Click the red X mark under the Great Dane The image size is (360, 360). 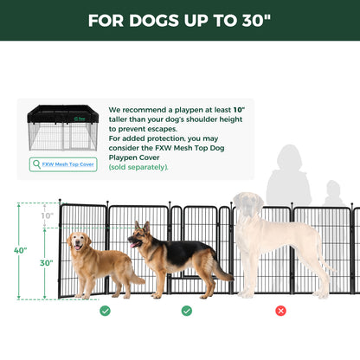pyautogui.click(x=280, y=310)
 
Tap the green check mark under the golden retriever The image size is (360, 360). pyautogui.click(x=105, y=310)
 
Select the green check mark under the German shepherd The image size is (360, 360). pyautogui.click(x=187, y=310)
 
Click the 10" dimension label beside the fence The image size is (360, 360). pyautogui.click(x=46, y=215)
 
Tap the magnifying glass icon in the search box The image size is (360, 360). pyautogui.click(x=36, y=163)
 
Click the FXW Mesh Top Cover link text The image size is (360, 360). pyautogui.click(x=67, y=163)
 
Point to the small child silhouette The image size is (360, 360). pyautogui.click(x=331, y=193)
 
